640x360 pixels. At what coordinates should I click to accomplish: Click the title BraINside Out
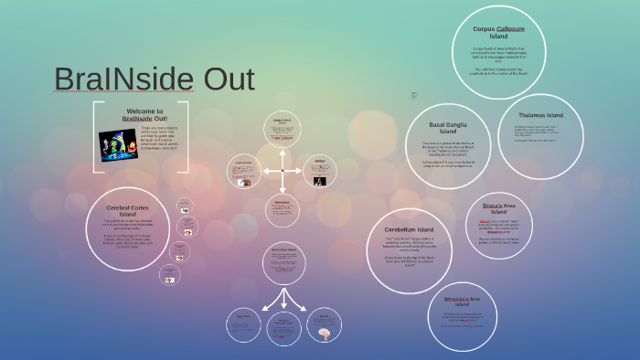click(154, 79)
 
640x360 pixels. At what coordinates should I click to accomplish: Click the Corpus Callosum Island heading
click(497, 33)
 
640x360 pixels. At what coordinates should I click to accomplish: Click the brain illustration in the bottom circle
click(323, 334)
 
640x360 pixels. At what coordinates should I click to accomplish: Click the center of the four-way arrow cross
click(283, 171)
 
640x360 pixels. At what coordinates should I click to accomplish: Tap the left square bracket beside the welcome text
click(94, 136)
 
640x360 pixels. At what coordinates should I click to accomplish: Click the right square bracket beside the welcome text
click(187, 136)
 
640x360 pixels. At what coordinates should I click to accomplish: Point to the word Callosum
click(515, 29)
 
